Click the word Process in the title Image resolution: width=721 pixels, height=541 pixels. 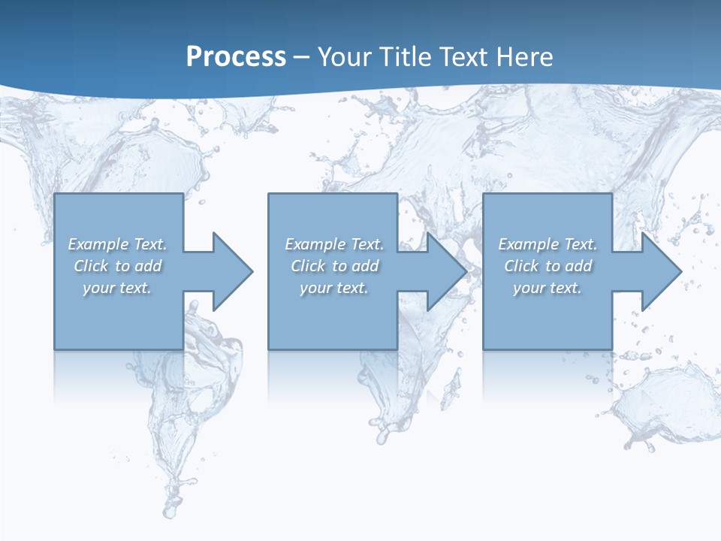[236, 57]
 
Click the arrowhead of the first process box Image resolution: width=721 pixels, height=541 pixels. [233, 271]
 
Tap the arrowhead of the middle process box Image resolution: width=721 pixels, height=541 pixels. [447, 271]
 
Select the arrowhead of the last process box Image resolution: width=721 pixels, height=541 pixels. [661, 271]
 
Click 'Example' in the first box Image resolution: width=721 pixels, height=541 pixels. [98, 244]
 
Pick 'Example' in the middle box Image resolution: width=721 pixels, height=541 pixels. [315, 244]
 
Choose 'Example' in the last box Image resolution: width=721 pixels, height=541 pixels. [529, 244]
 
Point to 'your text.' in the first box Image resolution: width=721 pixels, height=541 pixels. [117, 288]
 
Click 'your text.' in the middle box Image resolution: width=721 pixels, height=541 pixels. [334, 288]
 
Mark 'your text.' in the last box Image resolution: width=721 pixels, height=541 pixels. [548, 288]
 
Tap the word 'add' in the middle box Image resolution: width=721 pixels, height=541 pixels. [365, 266]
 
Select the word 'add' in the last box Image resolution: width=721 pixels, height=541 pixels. [578, 266]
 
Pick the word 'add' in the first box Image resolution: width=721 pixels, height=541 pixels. [148, 266]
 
